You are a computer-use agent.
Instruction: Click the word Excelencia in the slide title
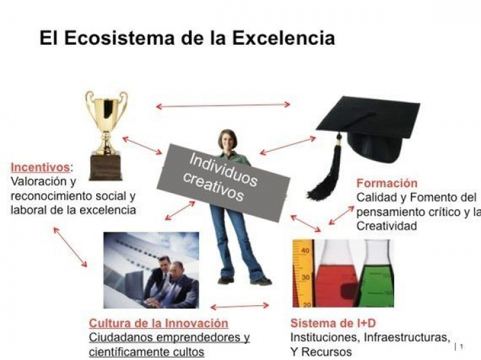click(x=283, y=38)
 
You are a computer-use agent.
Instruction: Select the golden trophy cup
click(x=106, y=122)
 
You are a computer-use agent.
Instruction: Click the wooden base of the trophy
click(x=106, y=166)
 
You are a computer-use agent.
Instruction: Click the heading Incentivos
click(x=40, y=168)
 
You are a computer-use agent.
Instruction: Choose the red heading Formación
click(x=387, y=183)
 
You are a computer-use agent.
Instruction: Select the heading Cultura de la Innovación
click(x=158, y=323)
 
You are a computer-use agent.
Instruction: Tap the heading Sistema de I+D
click(x=333, y=323)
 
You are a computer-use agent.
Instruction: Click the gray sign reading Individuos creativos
click(x=223, y=182)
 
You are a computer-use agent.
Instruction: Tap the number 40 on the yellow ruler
click(x=305, y=251)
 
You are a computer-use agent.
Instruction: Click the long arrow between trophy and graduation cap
click(x=223, y=106)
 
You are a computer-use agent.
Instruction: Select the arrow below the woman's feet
click(x=240, y=306)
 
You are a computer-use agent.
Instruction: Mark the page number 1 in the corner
click(x=462, y=347)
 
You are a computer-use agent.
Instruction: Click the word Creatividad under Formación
click(x=387, y=226)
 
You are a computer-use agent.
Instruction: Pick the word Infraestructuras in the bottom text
click(x=407, y=337)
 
